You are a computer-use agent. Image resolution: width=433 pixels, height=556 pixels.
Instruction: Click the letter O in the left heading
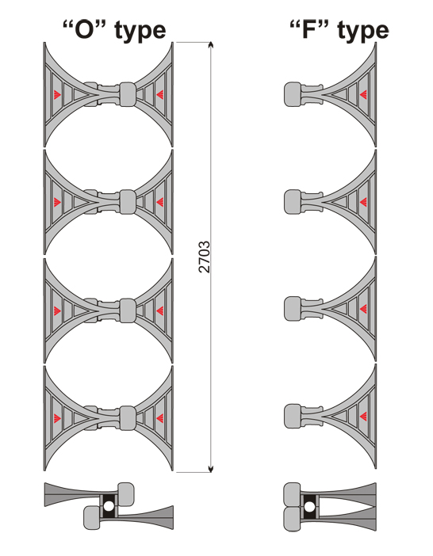(x=84, y=30)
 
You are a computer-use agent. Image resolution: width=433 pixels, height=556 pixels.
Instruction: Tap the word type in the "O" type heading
(x=140, y=31)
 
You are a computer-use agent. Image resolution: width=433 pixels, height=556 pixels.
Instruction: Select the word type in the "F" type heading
(x=363, y=31)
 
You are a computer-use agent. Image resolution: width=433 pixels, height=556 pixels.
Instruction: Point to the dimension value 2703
(x=204, y=257)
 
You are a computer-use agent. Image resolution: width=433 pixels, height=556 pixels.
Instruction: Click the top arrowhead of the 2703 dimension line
(x=211, y=45)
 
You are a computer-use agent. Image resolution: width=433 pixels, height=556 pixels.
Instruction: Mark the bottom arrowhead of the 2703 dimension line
(x=211, y=469)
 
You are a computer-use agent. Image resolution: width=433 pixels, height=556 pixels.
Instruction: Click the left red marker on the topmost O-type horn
(x=57, y=94)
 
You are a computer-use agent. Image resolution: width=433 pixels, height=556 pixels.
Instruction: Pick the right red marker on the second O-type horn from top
(x=159, y=202)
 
